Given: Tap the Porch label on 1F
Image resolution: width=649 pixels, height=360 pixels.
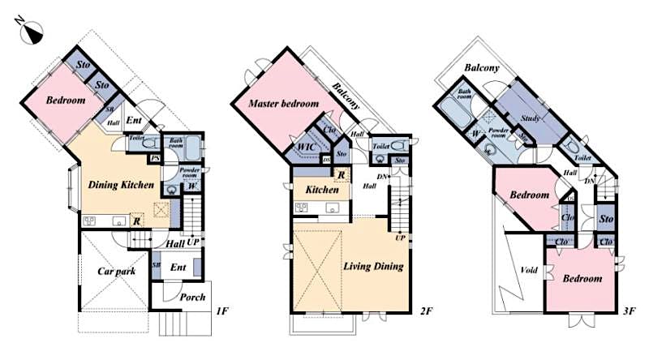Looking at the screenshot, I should point(192,297).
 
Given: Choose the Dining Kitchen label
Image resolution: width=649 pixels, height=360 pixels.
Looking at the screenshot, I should point(121,185).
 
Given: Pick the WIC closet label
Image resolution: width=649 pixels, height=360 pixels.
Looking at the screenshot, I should point(307,147).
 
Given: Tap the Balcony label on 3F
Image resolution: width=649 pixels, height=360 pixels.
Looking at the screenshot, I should point(482,67).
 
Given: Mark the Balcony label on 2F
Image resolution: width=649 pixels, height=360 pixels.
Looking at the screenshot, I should point(347,97).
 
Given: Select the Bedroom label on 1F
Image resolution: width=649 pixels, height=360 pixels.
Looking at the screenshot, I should point(65,101).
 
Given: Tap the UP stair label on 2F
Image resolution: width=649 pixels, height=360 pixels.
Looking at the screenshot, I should point(399,238).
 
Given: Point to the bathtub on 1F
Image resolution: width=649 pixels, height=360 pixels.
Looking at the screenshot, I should point(192,149).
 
